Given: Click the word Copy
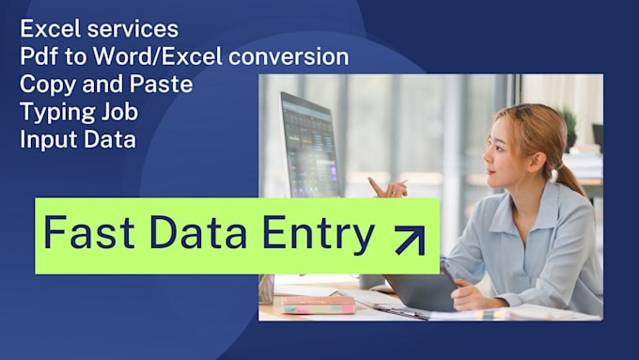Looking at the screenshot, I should click(45, 85).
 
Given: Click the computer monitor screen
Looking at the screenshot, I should click(310, 146).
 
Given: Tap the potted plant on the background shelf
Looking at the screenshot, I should click(568, 126).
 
